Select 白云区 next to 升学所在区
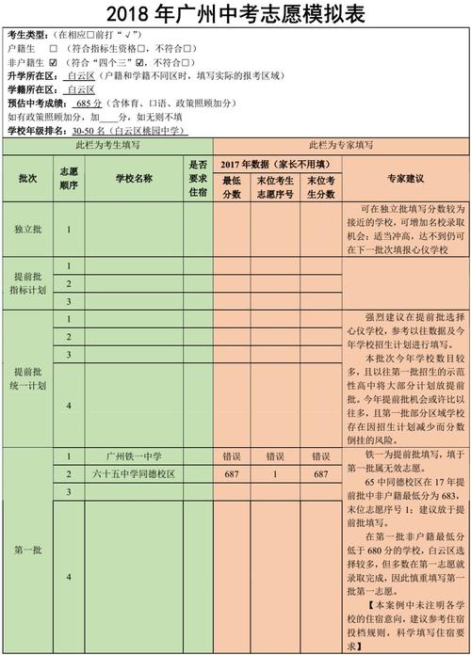click(x=82, y=75)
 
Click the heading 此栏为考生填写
click(x=106, y=146)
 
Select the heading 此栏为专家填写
click(x=340, y=146)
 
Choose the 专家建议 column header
click(x=406, y=178)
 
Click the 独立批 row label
click(x=27, y=229)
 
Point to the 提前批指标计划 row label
click(x=27, y=283)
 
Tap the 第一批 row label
click(x=27, y=550)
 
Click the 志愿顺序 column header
click(x=69, y=178)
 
